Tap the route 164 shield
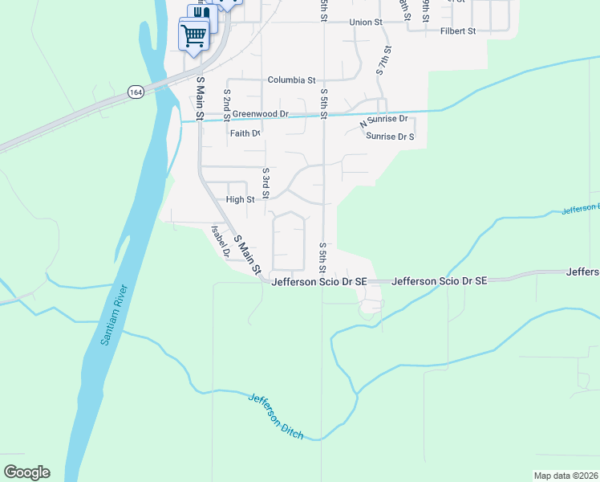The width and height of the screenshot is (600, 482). point(136,92)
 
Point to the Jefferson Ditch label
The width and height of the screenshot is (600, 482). point(276,416)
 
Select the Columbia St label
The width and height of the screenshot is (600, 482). point(291,80)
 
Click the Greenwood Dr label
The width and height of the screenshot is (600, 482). point(260,114)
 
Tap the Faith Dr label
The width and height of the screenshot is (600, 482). point(245,134)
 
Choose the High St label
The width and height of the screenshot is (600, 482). point(240,199)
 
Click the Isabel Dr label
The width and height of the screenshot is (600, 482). point(221,240)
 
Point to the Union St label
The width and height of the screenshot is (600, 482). point(366,22)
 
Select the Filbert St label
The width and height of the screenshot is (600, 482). point(458,31)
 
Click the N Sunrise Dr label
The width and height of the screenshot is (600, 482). point(383,120)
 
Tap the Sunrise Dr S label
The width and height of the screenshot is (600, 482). point(390,137)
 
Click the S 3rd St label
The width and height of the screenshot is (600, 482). point(266,184)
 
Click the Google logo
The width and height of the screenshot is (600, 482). point(26,472)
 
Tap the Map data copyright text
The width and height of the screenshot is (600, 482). point(566,476)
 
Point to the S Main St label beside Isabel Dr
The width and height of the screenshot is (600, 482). point(249,254)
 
